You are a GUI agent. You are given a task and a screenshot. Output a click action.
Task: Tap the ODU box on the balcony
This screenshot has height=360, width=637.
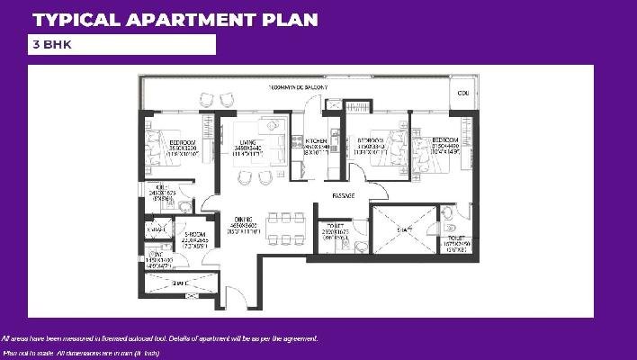coord(463,93)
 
